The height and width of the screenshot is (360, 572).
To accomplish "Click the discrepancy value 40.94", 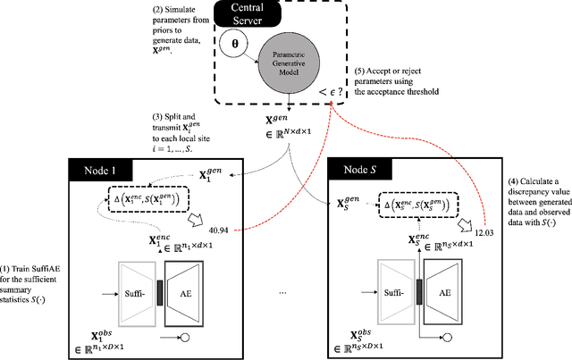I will tap(218, 230).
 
